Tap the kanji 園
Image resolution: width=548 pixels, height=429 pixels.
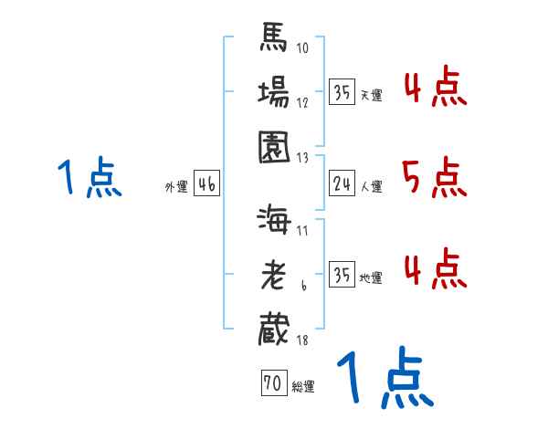point(275,145)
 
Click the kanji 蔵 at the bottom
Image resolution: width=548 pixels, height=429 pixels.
point(275,329)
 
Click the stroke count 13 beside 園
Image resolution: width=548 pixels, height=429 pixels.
point(302,157)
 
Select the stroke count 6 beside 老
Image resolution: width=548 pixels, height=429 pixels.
point(303,287)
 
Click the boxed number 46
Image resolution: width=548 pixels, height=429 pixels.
point(206,185)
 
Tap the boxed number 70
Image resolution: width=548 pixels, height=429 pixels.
point(273,384)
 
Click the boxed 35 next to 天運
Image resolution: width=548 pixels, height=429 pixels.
point(342,93)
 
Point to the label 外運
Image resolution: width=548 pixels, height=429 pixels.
point(176,187)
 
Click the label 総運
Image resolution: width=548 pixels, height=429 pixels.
point(302,387)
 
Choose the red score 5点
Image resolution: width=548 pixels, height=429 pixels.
point(434,177)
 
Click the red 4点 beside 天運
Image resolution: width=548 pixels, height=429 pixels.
point(434,89)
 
